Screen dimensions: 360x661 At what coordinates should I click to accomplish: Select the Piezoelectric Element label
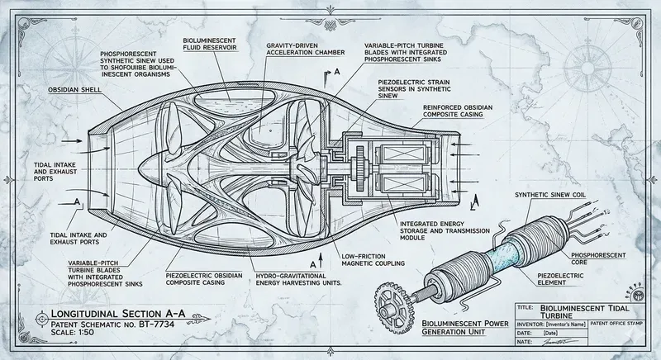(571, 279)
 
